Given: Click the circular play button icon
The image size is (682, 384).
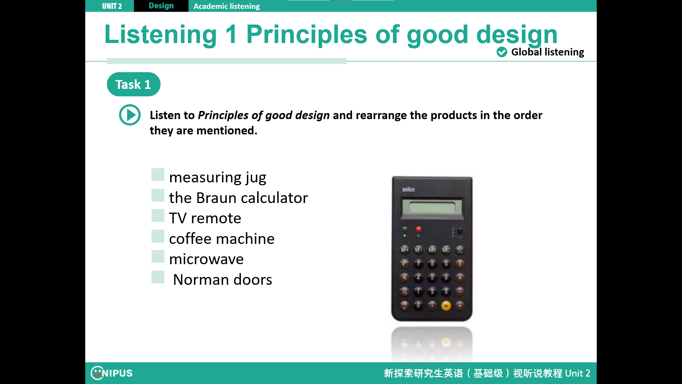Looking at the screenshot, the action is pyautogui.click(x=130, y=115).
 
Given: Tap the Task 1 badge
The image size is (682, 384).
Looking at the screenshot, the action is pyautogui.click(x=134, y=84).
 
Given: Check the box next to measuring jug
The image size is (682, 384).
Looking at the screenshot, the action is pyautogui.click(x=158, y=175).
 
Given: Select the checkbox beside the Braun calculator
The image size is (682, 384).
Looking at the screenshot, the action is pyautogui.click(x=158, y=195).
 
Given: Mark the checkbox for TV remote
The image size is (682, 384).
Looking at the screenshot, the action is pyautogui.click(x=158, y=215).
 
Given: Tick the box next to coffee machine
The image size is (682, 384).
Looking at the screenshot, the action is pyautogui.click(x=158, y=236).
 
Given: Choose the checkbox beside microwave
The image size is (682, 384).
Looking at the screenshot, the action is pyautogui.click(x=158, y=256).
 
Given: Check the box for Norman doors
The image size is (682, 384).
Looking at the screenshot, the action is pyautogui.click(x=158, y=277).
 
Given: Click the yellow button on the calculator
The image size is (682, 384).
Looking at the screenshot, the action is pyautogui.click(x=446, y=305).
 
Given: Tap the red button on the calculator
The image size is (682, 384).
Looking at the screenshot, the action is pyautogui.click(x=418, y=229).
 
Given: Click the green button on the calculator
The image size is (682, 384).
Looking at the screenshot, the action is pyautogui.click(x=405, y=229).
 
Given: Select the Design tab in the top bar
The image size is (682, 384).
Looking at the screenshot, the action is pyautogui.click(x=161, y=6).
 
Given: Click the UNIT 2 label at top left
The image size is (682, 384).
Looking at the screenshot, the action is pyautogui.click(x=112, y=6).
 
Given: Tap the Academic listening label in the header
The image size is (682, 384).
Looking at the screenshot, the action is pyautogui.click(x=227, y=6).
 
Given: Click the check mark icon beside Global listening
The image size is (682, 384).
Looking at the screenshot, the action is pyautogui.click(x=502, y=52).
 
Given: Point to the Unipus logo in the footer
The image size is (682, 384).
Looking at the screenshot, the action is pyautogui.click(x=112, y=373).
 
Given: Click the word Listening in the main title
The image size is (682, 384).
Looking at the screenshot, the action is pyautogui.click(x=161, y=34).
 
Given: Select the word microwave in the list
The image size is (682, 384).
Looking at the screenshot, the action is pyautogui.click(x=206, y=259).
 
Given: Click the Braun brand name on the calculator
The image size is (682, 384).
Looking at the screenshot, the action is pyautogui.click(x=408, y=190).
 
